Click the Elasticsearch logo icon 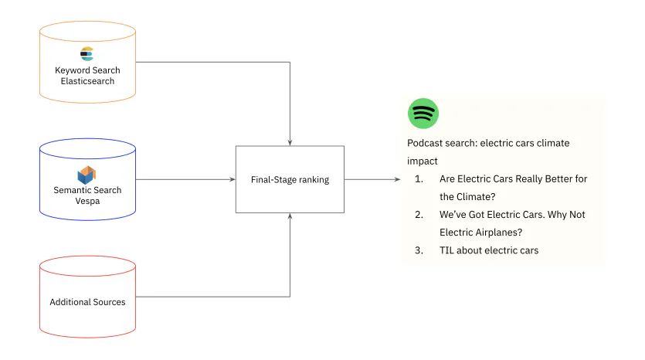87,54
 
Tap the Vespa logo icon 87,174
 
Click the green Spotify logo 423,114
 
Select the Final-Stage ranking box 290,179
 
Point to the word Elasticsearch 87,81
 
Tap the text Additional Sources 87,302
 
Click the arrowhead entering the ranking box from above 290,142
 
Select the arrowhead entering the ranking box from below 290,217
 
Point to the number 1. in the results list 419,179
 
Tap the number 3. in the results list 419,250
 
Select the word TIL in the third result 448,250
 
